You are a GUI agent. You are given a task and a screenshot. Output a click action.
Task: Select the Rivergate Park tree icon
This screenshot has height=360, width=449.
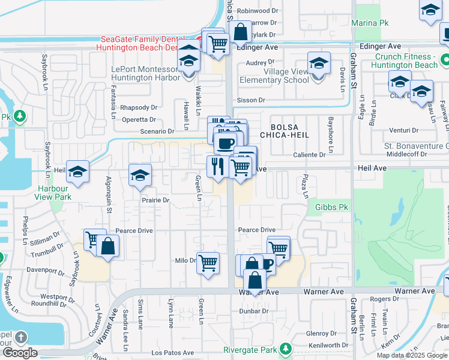pos(286,349)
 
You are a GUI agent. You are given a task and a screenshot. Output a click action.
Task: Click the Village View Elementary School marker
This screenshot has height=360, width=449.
pos(319,63)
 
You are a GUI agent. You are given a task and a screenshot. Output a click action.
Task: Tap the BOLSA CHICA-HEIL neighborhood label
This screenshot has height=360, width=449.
pos(289,131)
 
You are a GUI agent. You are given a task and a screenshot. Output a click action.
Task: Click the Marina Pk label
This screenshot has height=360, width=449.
pos(376,23)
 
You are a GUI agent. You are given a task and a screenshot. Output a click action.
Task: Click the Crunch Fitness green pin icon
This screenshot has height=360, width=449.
pos(445,61)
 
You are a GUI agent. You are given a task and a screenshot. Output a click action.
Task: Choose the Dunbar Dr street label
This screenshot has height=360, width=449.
pos(253,311)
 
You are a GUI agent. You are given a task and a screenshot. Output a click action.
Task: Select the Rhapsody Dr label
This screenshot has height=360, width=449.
pos(139,108)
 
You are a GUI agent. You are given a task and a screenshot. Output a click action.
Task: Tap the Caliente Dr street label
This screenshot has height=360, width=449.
pos(310,154)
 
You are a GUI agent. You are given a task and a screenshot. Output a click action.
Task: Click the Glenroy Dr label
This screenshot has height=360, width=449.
pos(317,334)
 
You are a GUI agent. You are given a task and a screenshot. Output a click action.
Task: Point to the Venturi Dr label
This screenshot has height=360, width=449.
pos(403,130)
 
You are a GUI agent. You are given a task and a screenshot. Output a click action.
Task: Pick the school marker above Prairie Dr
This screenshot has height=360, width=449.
pos(140,175)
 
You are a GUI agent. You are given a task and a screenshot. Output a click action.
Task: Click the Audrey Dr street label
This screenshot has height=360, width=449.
pos(260,62)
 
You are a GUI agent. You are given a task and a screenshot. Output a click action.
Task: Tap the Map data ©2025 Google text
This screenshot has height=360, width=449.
pos(412,355)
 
